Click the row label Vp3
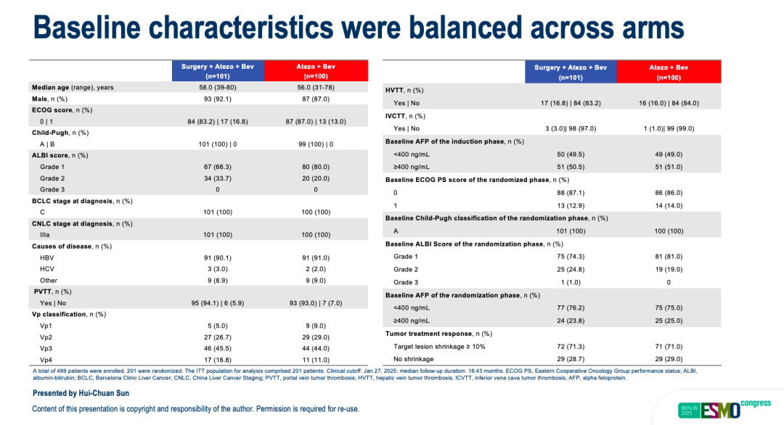pos(46,348)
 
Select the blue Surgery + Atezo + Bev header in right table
pos(571,72)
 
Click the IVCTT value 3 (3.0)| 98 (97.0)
pos(571,128)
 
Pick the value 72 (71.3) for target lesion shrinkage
pos(571,347)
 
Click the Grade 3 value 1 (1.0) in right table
pos(571,282)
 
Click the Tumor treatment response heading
pos(438,334)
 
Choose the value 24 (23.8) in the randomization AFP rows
pos(571,321)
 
